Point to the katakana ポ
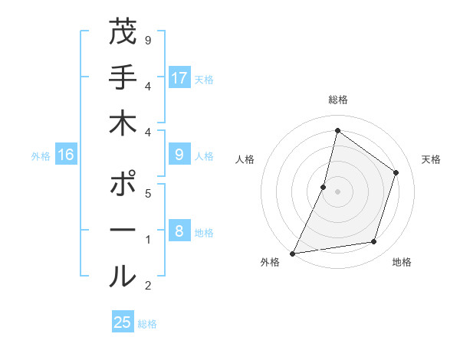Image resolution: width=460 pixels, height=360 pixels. pyautogui.click(x=123, y=185)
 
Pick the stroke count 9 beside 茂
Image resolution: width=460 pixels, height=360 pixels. pyautogui.click(x=147, y=41)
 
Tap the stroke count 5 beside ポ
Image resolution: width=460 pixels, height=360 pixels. pyautogui.click(x=147, y=193)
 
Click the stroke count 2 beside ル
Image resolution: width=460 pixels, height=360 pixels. pyautogui.click(x=147, y=286)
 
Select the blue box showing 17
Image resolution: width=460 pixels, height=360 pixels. pyautogui.click(x=179, y=78)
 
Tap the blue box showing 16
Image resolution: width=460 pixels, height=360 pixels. pyautogui.click(x=66, y=155)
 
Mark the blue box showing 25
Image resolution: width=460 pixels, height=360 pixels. pyautogui.click(x=123, y=322)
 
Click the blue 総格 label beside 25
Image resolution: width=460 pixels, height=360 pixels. pyautogui.click(x=147, y=324)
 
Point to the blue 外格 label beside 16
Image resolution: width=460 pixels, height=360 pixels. pyautogui.click(x=41, y=156)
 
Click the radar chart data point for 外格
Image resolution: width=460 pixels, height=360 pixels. pyautogui.click(x=293, y=253)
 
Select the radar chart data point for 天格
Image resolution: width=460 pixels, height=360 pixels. pyautogui.click(x=396, y=172)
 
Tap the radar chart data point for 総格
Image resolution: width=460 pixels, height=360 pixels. pyautogui.click(x=337, y=131)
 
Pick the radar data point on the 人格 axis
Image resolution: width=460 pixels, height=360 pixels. pyautogui.click(x=324, y=187)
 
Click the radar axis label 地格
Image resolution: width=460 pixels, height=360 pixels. pyautogui.click(x=402, y=262)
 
